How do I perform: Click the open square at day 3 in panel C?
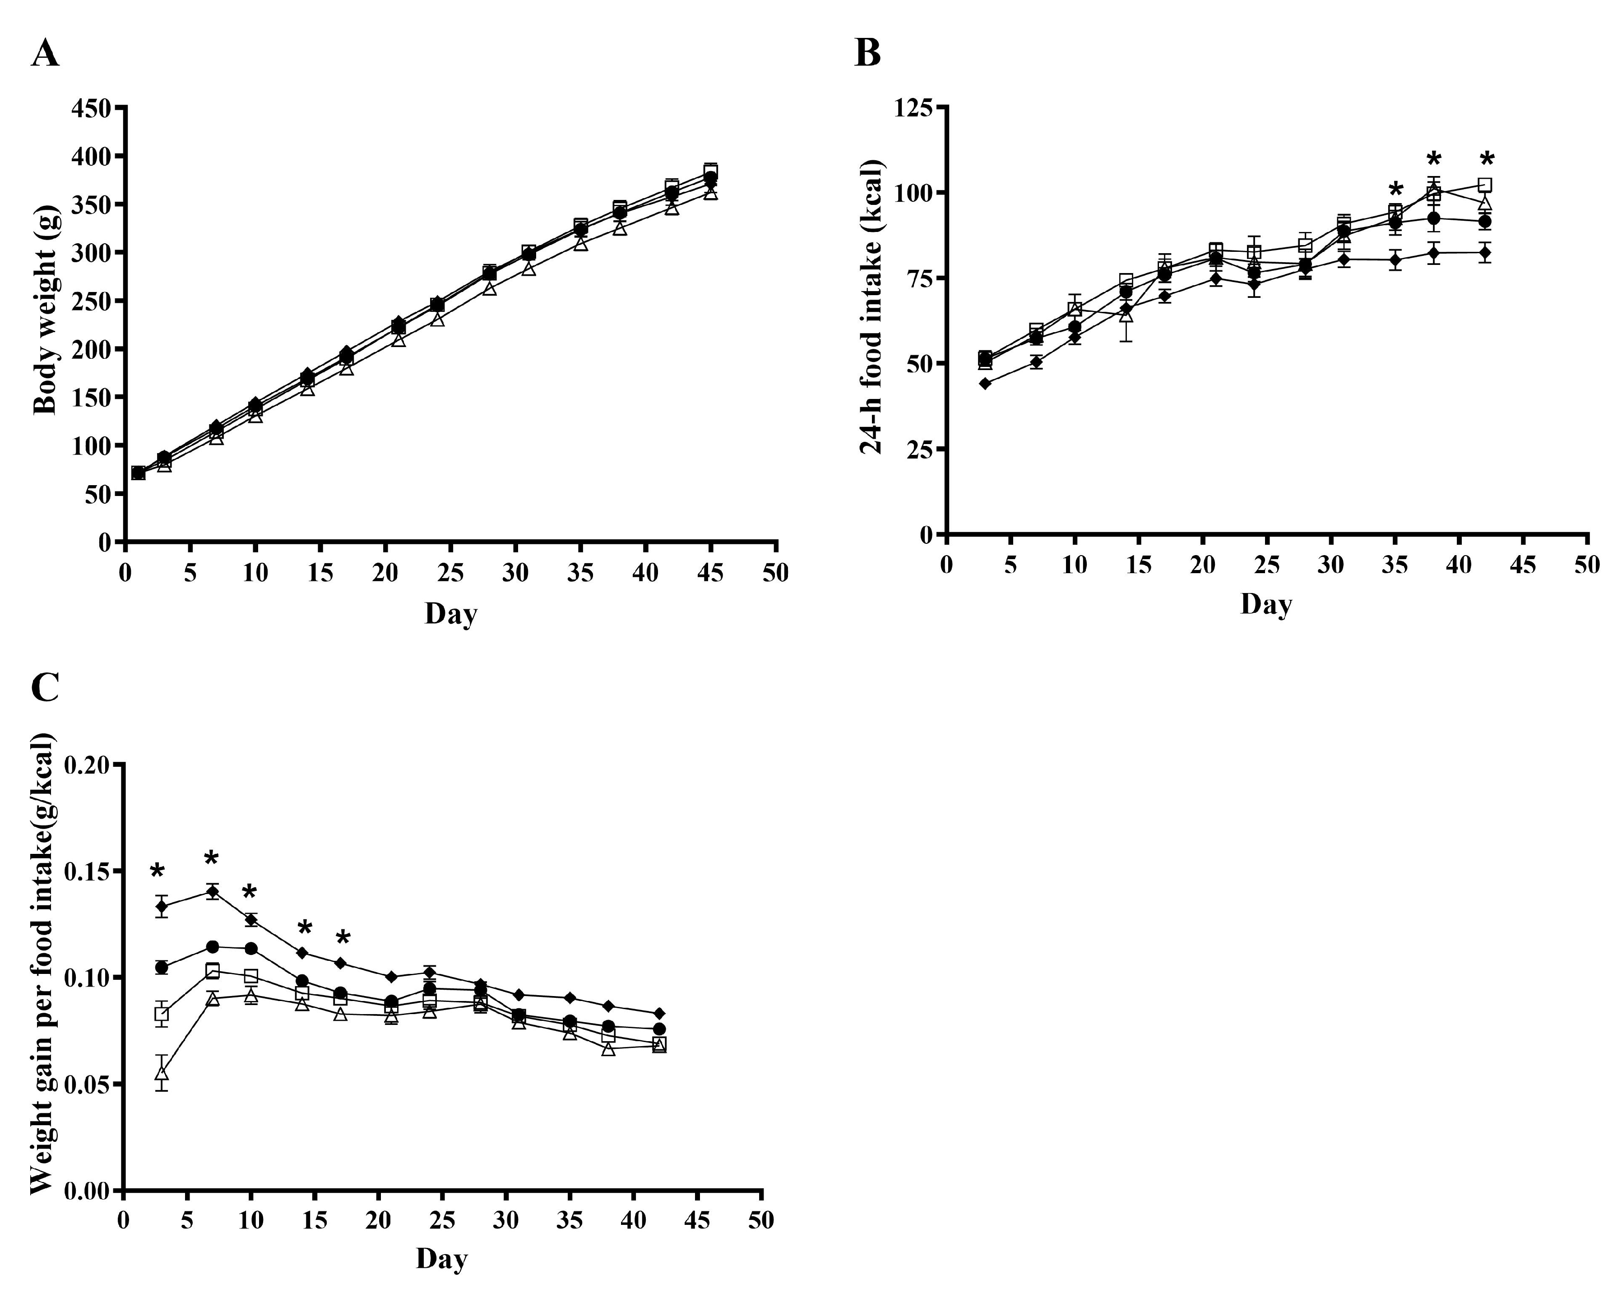click(162, 1014)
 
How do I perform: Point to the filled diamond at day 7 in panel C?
click(213, 892)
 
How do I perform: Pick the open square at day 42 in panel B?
click(1484, 185)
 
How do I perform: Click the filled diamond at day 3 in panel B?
click(985, 384)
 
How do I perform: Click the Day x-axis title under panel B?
click(1266, 604)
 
